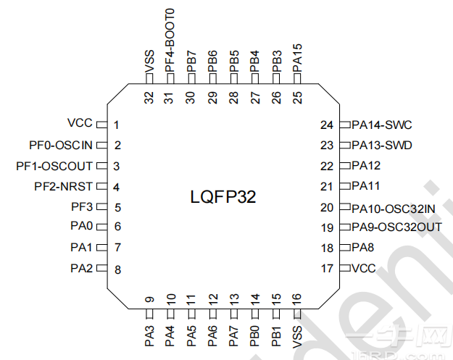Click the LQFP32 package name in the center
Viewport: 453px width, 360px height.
point(223,196)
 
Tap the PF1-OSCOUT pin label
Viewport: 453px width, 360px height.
point(54,166)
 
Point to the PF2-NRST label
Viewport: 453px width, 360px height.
point(63,186)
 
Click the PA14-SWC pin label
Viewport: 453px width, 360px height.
point(381,125)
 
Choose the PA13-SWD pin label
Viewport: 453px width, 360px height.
point(381,145)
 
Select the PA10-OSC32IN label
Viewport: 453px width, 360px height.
point(394,208)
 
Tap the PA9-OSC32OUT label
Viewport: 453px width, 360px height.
point(396,227)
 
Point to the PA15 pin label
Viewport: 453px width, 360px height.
point(297,56)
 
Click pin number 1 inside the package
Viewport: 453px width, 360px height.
point(116,125)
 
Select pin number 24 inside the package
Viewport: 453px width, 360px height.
point(327,125)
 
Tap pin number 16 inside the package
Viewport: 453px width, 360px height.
point(297,299)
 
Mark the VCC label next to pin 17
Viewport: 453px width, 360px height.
point(364,269)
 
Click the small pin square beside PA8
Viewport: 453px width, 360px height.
point(345,248)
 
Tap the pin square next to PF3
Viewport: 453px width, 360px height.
point(101,206)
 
